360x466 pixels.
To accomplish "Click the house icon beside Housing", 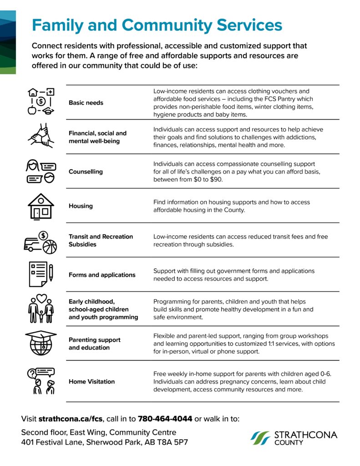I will coord(41,206).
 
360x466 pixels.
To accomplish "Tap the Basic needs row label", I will coord(86,103).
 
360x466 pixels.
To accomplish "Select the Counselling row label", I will coord(86,172).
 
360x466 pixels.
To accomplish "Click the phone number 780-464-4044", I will coord(165,418).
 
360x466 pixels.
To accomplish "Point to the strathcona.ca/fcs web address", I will coord(71,418).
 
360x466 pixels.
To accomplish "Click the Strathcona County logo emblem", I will coord(260,438).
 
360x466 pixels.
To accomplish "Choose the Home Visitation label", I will coord(91,381).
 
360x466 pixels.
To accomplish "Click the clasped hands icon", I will coord(41,136).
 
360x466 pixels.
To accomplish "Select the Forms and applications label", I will coord(102,275).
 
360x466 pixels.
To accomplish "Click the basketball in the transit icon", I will coord(50,247).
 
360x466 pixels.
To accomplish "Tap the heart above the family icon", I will coord(41,299).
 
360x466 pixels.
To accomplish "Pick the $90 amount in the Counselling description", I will coord(218,180).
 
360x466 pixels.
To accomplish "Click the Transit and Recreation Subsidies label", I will coord(101,240).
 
